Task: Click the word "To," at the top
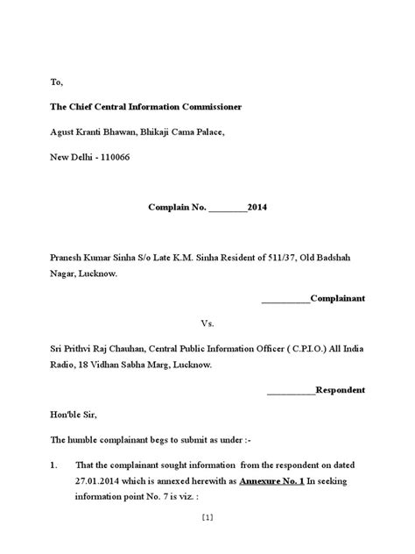pos(56,82)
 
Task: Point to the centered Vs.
pos(207,323)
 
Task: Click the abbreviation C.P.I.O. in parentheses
pos(293,348)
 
